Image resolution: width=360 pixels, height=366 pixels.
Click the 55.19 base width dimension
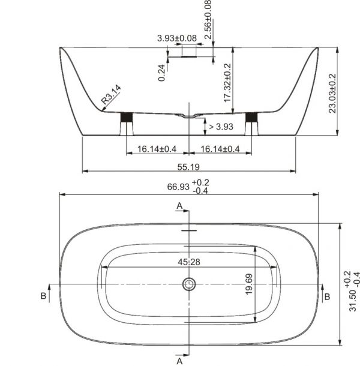pos(188,167)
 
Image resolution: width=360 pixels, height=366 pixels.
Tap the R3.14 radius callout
pos(111,94)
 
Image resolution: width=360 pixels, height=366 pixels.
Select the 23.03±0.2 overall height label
pos(332,94)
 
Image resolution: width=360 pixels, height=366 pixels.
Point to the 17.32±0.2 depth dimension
pos(227,83)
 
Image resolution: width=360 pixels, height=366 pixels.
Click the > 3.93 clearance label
pos(221,127)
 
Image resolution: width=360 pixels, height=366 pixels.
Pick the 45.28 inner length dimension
pos(189,262)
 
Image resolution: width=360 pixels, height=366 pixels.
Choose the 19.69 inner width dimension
pos(249,284)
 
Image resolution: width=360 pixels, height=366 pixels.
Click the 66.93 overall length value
pos(178,187)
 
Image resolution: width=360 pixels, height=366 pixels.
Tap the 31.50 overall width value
pos(353,301)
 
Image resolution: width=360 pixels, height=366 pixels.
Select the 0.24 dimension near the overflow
pos(161,73)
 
